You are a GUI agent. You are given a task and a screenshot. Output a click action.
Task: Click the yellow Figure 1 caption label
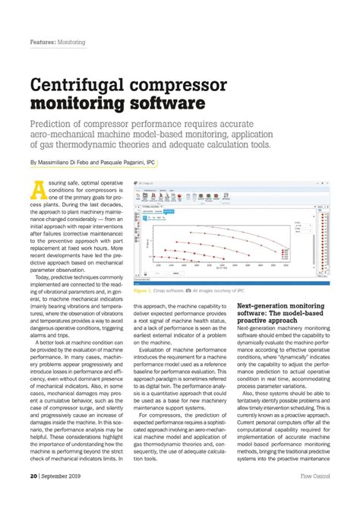(143, 290)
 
